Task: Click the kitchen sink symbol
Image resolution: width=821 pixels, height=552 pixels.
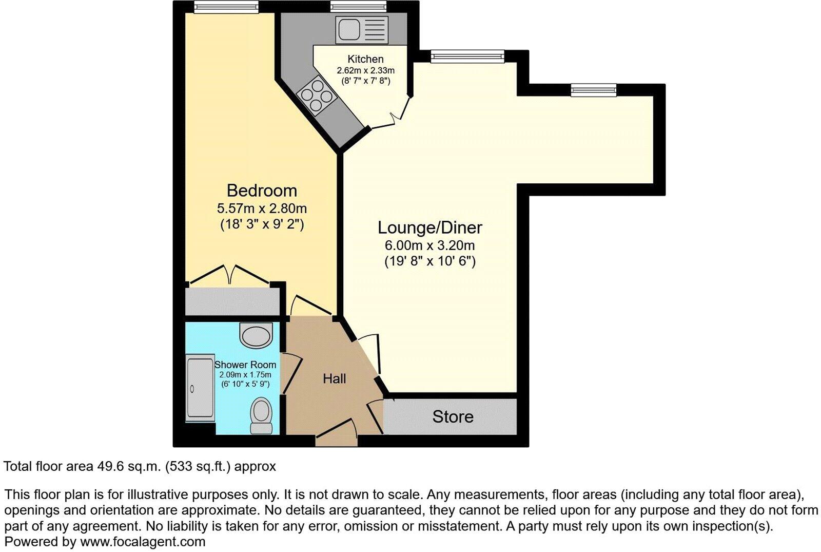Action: point(362,29)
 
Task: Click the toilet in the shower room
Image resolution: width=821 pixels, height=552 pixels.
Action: point(261,415)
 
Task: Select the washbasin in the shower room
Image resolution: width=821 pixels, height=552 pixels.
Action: point(256,336)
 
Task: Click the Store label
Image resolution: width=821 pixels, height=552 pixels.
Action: point(453,416)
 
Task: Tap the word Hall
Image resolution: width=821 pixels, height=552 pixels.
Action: point(334,379)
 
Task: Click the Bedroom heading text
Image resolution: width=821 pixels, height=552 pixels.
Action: point(262,191)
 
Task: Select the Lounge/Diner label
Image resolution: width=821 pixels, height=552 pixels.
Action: point(430,227)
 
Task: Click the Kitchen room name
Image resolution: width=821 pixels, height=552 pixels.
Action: point(365,59)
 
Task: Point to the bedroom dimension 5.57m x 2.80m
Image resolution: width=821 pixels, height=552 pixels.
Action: point(262,208)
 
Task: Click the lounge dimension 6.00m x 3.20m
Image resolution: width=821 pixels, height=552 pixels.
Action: point(430,245)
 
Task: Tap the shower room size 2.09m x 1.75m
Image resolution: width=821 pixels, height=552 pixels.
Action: point(245,375)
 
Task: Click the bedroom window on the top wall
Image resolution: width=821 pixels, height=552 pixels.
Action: point(226,7)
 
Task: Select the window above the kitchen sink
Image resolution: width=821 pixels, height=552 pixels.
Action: point(358,7)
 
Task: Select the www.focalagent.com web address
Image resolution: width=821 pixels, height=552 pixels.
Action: point(142,541)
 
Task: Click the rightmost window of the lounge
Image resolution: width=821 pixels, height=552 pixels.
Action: point(594,90)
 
